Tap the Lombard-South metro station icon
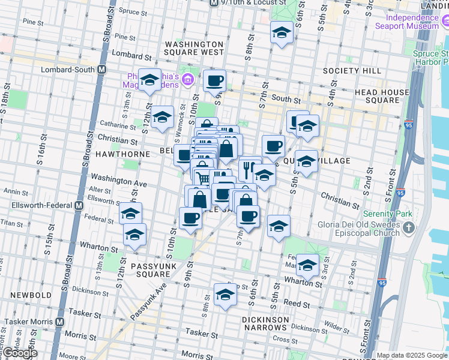pos(102,69)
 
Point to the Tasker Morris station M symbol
pos(59,322)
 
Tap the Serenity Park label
pos(385,214)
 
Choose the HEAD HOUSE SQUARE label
pos(382,96)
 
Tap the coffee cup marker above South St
pos(214,81)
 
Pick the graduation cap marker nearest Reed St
pos(225,295)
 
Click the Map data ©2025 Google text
pos(412,355)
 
